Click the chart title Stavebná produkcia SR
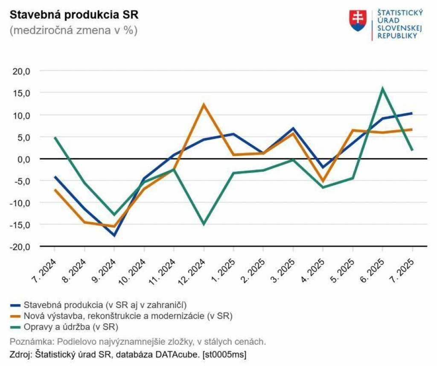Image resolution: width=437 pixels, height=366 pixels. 74,15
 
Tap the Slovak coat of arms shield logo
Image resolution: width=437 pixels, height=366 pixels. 358,21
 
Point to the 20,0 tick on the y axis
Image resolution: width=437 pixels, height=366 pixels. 22,71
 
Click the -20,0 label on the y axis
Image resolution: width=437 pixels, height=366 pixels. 20,247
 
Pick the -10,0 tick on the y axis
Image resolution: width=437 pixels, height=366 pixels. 20,203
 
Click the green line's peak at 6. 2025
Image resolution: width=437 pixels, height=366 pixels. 382,89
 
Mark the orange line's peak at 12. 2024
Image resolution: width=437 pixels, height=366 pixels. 204,105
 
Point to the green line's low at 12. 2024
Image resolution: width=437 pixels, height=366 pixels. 204,224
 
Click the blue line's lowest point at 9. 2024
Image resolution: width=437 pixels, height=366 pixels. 114,235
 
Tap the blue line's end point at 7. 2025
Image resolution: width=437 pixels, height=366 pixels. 412,113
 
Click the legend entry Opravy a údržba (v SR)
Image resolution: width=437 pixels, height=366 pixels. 71,327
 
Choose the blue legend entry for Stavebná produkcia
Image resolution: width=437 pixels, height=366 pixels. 105,305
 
